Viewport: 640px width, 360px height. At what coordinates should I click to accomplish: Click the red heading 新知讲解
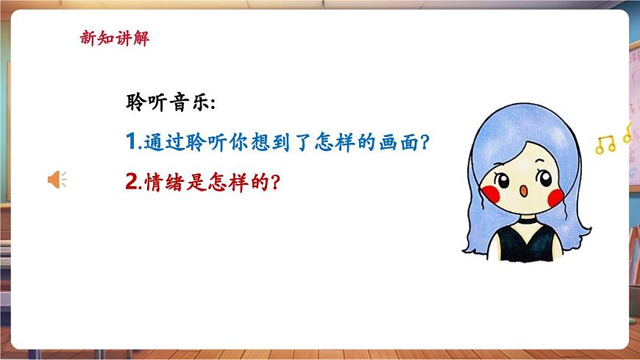(114, 39)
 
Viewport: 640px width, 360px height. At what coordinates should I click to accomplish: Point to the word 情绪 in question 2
(162, 180)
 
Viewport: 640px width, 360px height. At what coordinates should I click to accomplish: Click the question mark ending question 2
(274, 180)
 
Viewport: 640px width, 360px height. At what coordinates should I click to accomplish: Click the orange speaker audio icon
(57, 179)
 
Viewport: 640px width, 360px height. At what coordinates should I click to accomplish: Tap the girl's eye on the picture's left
(504, 178)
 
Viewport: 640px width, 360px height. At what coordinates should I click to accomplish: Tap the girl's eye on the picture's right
(545, 177)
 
